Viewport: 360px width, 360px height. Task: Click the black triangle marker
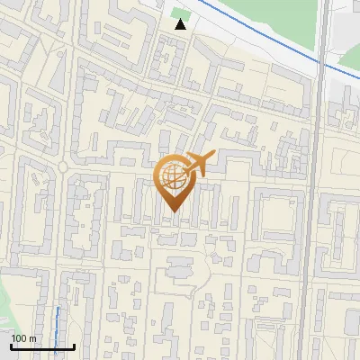tap(181, 24)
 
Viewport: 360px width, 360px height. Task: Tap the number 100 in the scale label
tap(19, 338)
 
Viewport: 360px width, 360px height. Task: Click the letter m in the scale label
tap(32, 338)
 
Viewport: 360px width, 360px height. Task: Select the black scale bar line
tap(41, 346)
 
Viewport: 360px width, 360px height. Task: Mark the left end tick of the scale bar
tap(11, 345)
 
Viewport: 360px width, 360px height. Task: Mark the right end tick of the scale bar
tap(73, 345)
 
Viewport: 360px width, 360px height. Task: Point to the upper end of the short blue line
tap(59, 309)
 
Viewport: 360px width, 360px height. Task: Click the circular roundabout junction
tap(64, 168)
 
